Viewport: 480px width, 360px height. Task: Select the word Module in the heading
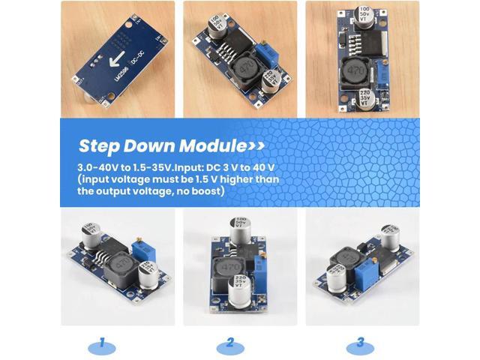pos(213,145)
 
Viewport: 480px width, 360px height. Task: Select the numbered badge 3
pos(361,344)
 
